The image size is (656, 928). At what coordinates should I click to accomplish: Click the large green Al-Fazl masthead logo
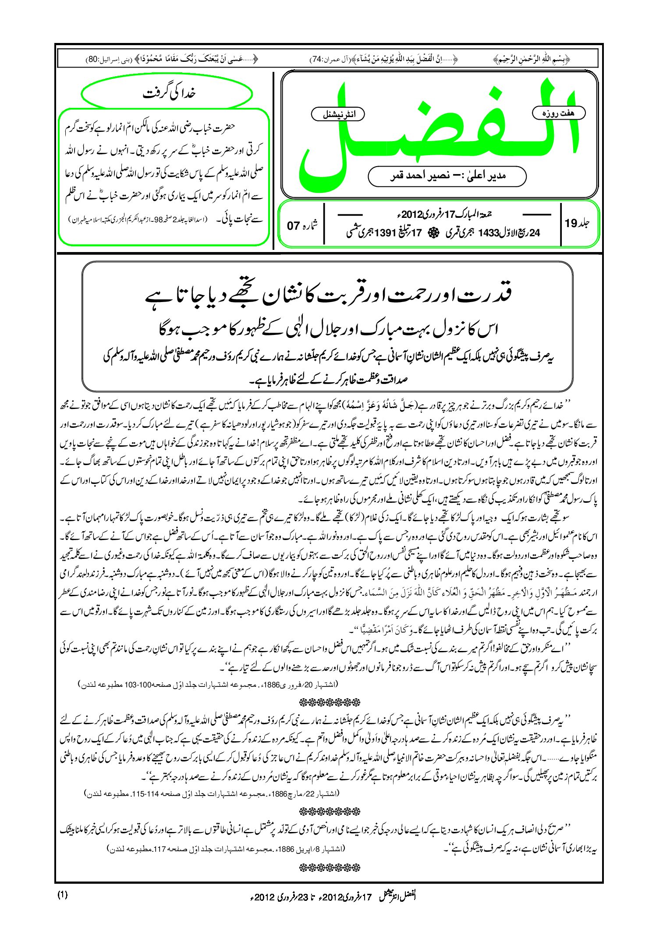tap(438, 132)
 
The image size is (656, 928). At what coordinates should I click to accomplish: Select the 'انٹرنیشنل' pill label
tap(338, 114)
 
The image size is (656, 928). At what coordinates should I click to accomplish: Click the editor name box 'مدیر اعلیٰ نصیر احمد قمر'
tap(447, 176)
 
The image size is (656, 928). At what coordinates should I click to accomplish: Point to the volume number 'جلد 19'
tap(577, 223)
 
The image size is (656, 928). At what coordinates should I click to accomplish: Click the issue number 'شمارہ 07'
tap(302, 225)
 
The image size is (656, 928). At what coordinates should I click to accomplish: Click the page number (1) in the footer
tap(62, 894)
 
